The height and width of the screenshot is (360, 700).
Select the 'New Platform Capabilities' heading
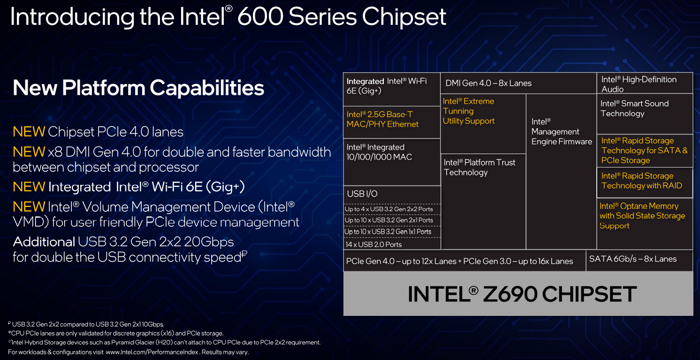(138, 88)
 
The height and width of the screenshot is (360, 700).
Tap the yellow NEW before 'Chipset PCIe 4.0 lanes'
(29, 132)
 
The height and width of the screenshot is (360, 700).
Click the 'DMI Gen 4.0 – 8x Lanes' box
(518, 83)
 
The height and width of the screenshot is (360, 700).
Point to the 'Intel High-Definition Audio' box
(645, 83)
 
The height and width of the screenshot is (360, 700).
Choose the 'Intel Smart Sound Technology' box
(645, 114)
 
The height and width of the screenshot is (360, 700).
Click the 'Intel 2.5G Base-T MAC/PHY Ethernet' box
(392, 122)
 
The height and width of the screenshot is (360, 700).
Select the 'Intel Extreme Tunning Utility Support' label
(469, 111)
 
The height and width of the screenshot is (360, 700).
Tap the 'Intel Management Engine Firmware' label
(562, 131)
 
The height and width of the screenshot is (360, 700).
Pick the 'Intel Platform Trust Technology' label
(479, 168)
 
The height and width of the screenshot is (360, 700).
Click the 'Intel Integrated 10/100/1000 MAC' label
(379, 152)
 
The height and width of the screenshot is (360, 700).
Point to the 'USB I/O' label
(362, 194)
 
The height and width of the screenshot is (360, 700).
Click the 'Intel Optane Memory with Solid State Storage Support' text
(642, 216)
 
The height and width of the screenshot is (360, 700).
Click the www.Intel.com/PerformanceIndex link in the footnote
(152, 352)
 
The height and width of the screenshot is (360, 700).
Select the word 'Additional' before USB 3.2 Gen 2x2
(44, 242)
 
